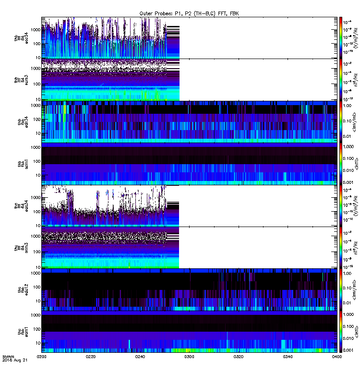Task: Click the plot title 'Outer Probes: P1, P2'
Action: pos(188,13)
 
